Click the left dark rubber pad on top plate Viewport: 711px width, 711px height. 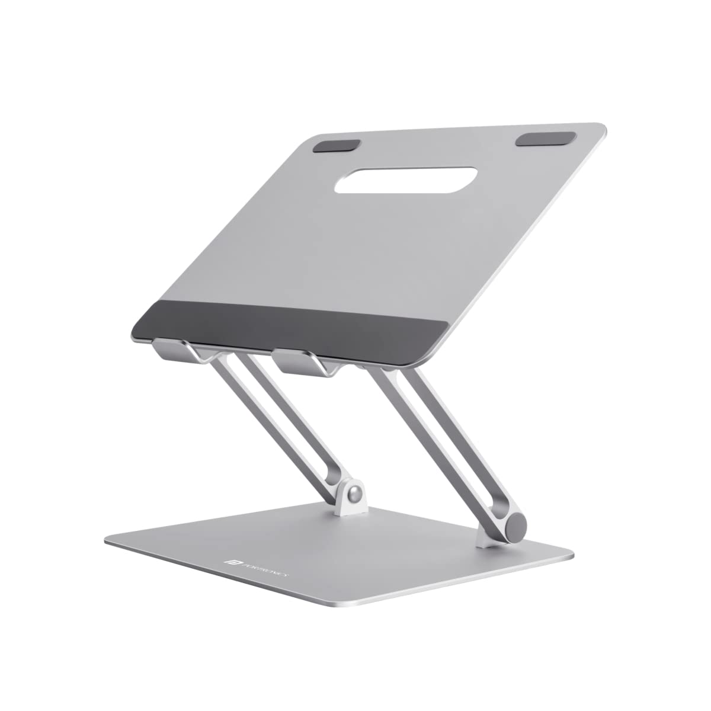(337, 146)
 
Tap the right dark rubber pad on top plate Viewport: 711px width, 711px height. (545, 139)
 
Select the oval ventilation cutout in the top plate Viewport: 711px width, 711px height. (406, 180)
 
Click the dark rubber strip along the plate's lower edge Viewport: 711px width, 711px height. (290, 325)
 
